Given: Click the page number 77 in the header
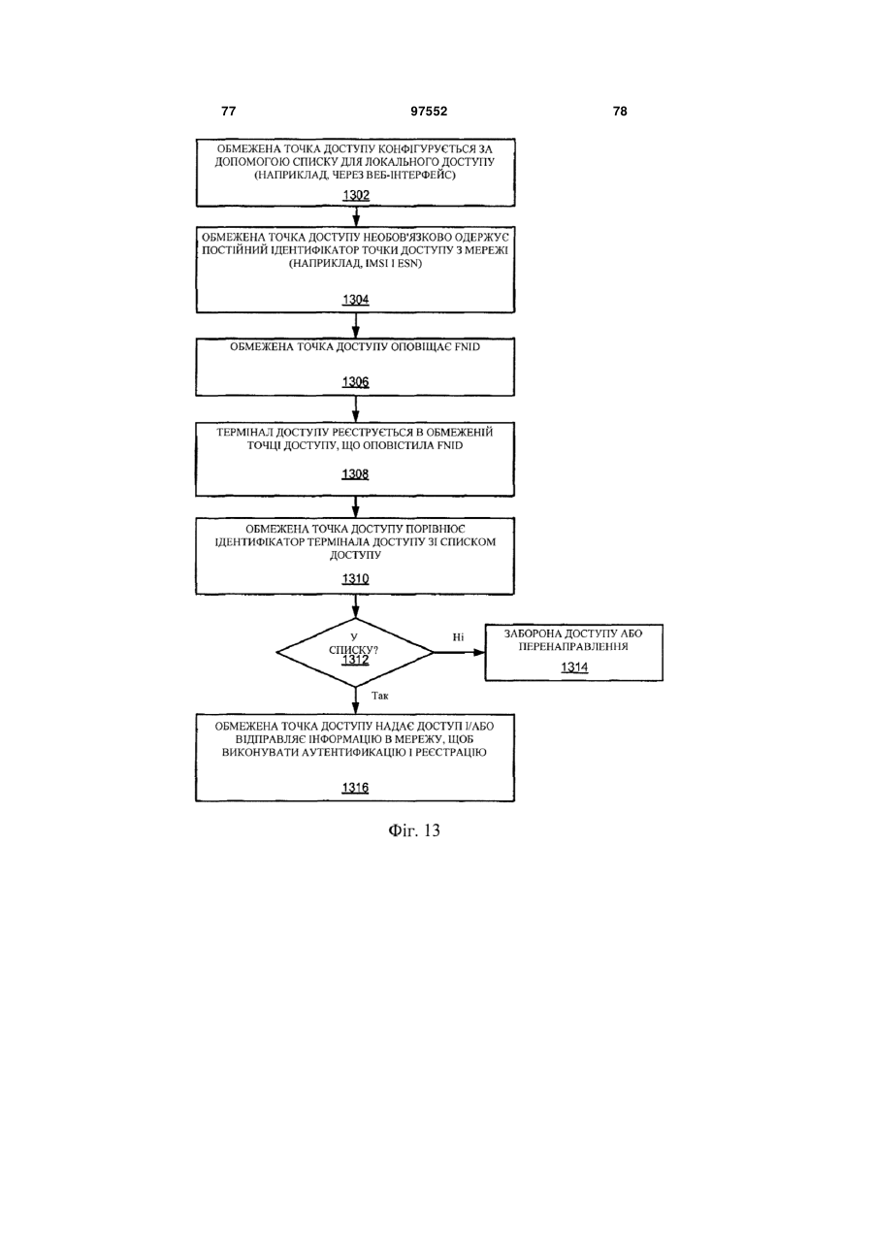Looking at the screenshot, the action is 228,112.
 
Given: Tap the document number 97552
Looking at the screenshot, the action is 429,112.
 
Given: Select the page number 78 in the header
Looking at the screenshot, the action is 620,112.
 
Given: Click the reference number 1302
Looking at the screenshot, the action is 356,195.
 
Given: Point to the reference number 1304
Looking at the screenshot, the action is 356,300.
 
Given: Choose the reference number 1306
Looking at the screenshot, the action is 356,382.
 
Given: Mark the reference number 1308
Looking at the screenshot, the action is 355,474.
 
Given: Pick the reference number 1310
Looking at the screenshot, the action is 356,579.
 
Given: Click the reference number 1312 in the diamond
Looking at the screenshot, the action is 356,660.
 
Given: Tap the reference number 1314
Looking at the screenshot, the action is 574,667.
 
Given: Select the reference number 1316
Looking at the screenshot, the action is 355,788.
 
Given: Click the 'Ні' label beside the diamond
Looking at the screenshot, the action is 458,637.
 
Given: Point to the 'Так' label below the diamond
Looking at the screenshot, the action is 380,696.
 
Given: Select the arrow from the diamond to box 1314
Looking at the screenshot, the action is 459,652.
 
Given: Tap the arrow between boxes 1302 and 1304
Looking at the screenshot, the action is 356,216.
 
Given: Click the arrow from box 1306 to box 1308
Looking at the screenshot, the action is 356,409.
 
